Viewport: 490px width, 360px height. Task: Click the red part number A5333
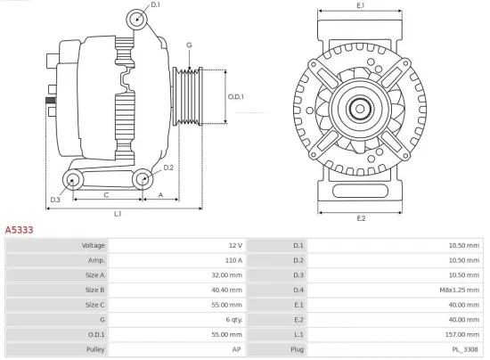20,230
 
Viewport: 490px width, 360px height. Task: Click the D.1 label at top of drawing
155,5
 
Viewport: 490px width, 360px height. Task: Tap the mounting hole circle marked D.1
136,20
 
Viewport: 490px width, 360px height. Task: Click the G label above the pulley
188,45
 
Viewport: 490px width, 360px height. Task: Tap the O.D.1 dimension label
236,96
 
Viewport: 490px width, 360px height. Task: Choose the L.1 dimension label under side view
118,214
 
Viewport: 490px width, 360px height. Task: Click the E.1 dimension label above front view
361,6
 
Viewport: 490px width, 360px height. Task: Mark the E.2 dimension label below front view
361,217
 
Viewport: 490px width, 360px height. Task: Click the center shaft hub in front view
362,110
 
